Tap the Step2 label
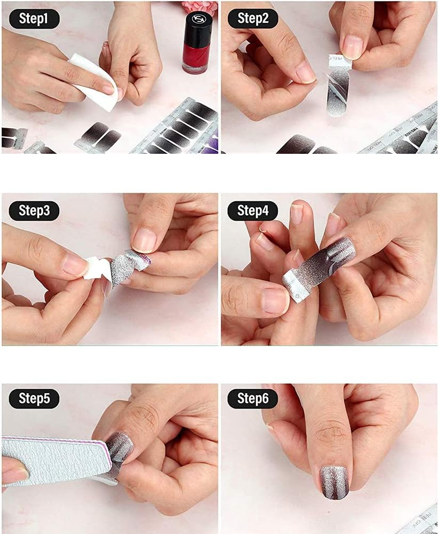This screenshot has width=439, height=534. click(253, 18)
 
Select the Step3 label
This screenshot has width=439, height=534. click(34, 210)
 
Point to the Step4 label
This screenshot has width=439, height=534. click(253, 210)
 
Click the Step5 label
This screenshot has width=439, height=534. click(34, 398)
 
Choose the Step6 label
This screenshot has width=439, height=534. click(253, 398)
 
